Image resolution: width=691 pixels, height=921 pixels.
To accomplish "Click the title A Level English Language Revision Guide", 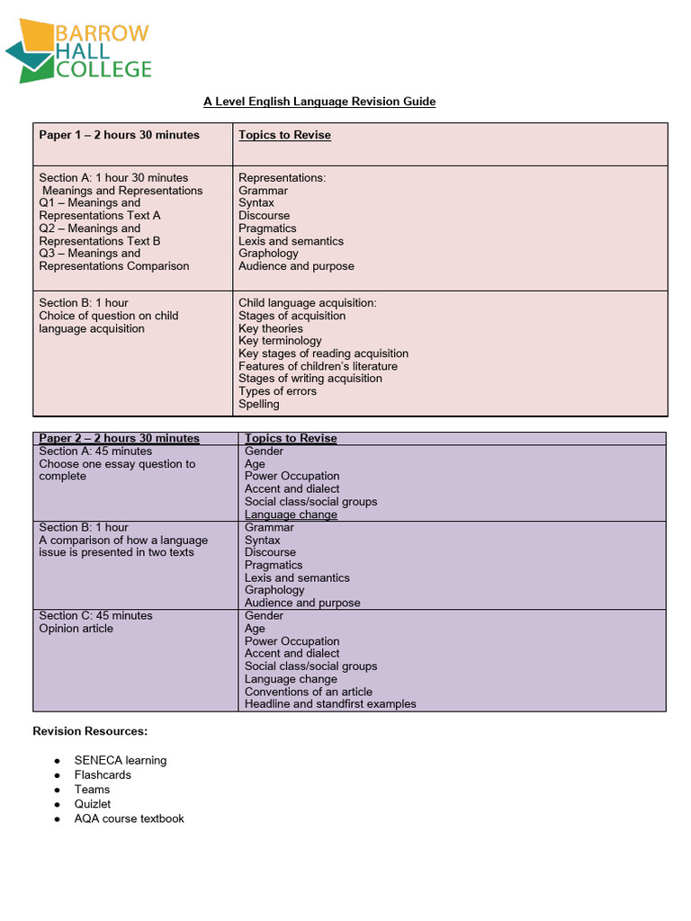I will coord(319,102).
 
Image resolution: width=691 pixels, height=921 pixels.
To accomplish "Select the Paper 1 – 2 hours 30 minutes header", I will coord(119,135).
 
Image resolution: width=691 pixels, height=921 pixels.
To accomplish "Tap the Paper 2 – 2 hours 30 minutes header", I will coord(119,439).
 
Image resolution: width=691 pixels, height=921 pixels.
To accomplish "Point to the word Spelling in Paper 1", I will coord(259,404).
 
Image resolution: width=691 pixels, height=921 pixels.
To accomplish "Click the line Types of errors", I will coord(277,391).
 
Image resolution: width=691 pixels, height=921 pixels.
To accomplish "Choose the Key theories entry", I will coord(271,328).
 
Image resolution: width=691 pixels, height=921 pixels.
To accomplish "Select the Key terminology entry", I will coord(280,341).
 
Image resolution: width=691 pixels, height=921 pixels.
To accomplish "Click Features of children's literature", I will coord(318,366).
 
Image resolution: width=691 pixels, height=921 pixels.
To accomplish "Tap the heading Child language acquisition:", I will coord(308,303).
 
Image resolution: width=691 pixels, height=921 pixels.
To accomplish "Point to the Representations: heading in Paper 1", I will coord(282,178).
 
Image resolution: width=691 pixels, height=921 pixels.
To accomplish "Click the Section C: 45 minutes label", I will coord(95,616).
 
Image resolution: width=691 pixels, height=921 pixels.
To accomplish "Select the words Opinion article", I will coord(76,629).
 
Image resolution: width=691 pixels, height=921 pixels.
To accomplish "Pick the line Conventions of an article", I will coord(308,692).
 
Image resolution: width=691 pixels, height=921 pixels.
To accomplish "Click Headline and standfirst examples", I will coord(330,704).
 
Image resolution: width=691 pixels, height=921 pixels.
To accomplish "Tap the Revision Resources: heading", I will coord(90,731).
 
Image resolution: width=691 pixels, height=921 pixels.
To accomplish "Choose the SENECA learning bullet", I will coord(121,760).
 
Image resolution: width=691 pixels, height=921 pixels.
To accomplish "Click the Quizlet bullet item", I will coord(93,804).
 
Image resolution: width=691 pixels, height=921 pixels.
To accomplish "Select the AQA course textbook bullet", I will coord(130,818).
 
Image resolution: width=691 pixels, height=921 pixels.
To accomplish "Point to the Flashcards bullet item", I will coord(103,774).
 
